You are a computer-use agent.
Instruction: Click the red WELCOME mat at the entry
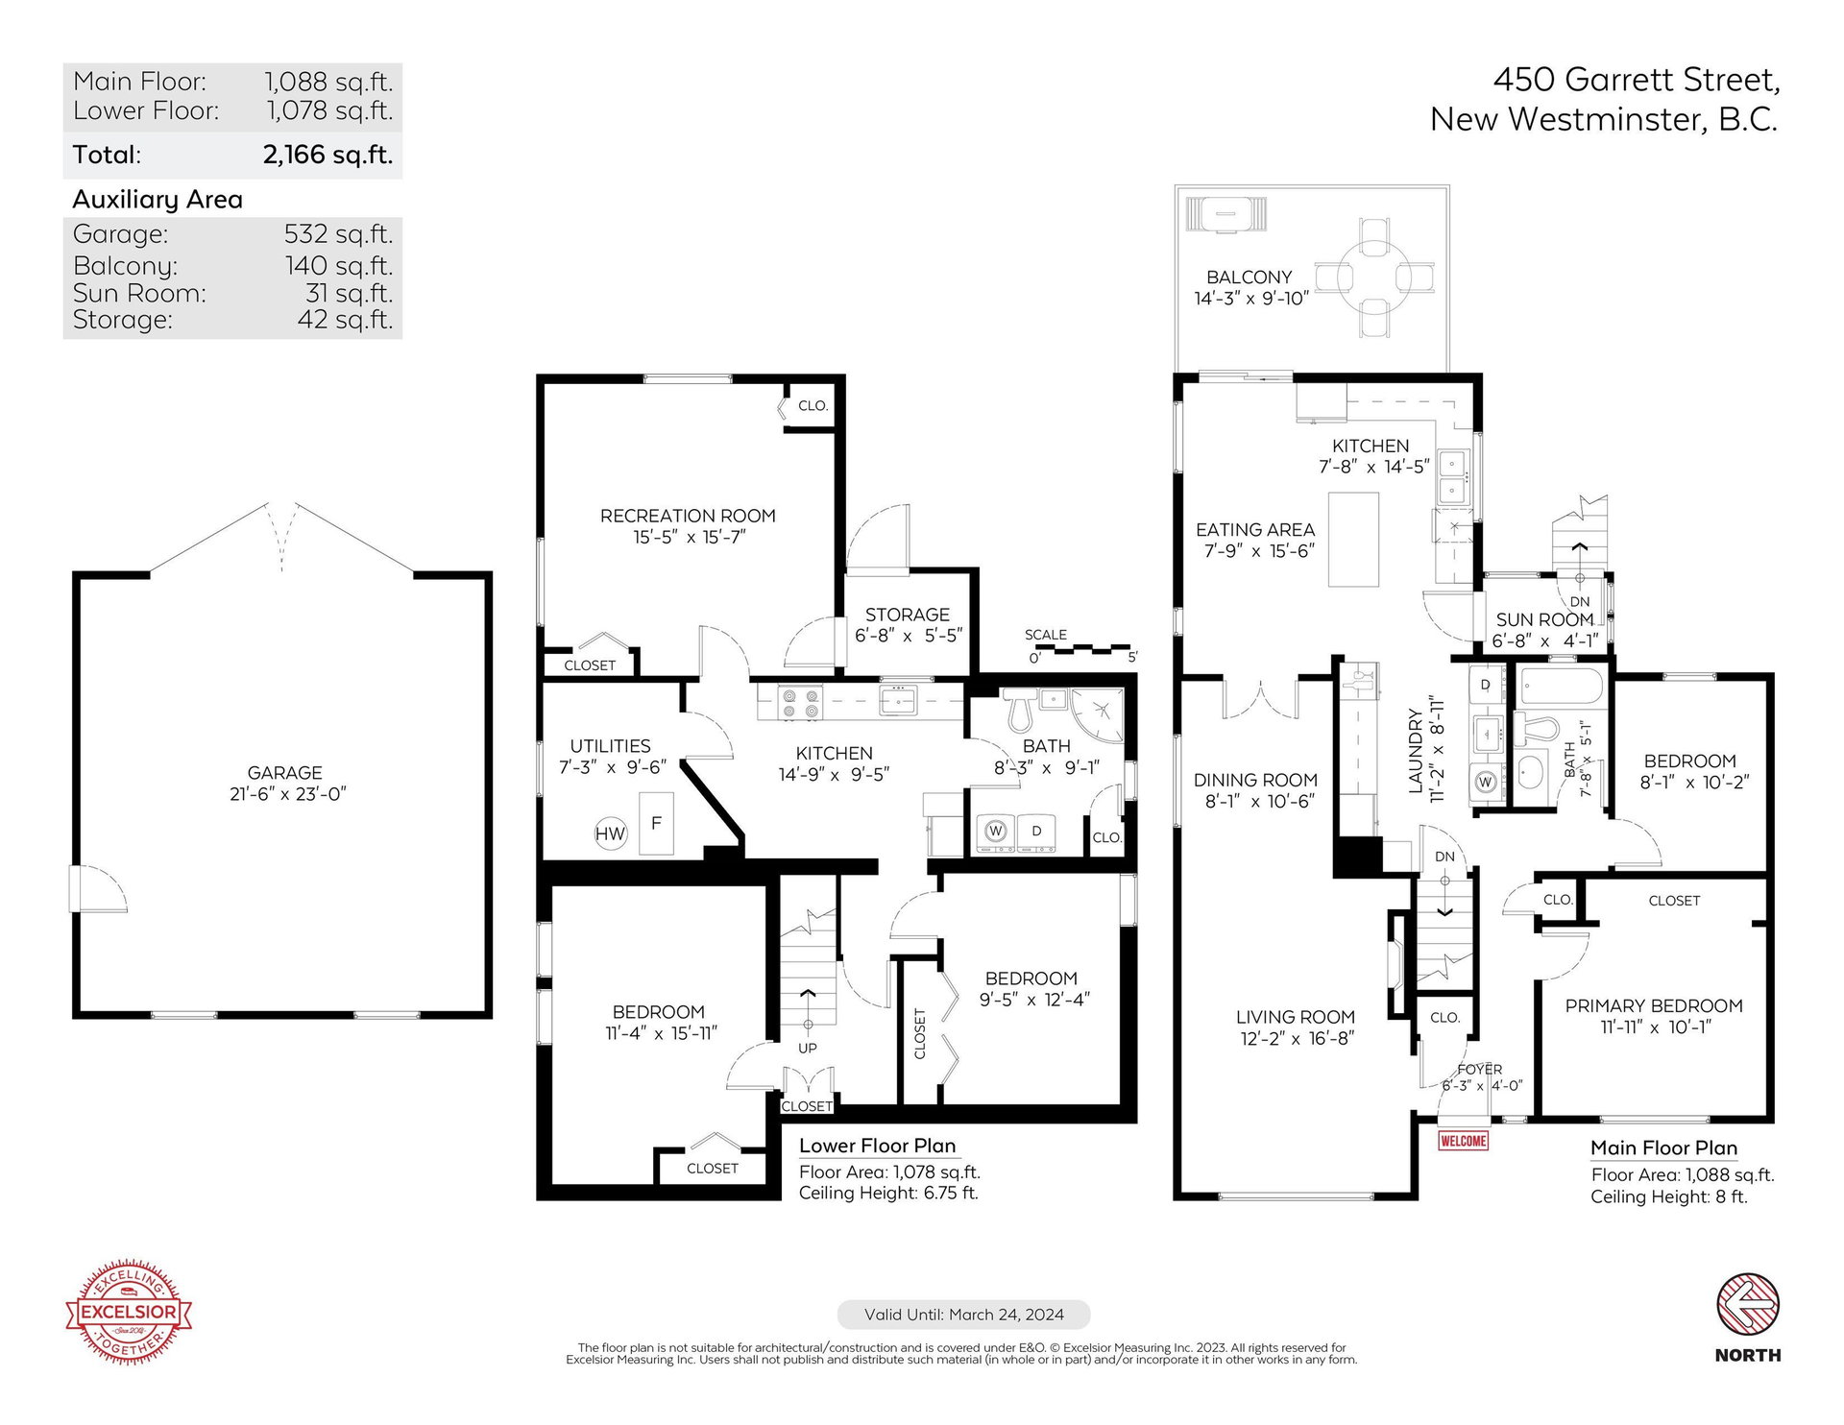point(1463,1141)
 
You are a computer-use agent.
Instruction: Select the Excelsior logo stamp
point(129,1312)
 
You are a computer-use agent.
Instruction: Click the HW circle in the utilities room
point(610,833)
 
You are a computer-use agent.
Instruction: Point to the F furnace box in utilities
point(656,823)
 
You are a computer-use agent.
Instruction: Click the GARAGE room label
point(285,772)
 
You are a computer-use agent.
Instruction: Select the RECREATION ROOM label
point(688,516)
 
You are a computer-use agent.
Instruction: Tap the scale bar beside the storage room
point(1082,650)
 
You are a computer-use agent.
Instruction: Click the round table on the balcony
point(1374,277)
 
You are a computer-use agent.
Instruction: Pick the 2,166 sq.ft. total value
point(328,155)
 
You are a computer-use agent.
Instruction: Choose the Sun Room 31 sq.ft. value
point(350,293)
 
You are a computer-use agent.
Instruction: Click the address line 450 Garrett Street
point(1637,80)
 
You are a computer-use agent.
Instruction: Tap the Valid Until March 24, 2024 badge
point(964,1315)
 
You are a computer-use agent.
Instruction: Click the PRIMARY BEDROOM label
point(1654,1005)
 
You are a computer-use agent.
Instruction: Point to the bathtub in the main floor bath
point(1562,687)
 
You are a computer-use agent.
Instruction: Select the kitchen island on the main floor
point(1353,539)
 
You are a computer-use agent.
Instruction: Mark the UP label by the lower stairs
point(808,1048)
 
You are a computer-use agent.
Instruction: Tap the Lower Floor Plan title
point(878,1146)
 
